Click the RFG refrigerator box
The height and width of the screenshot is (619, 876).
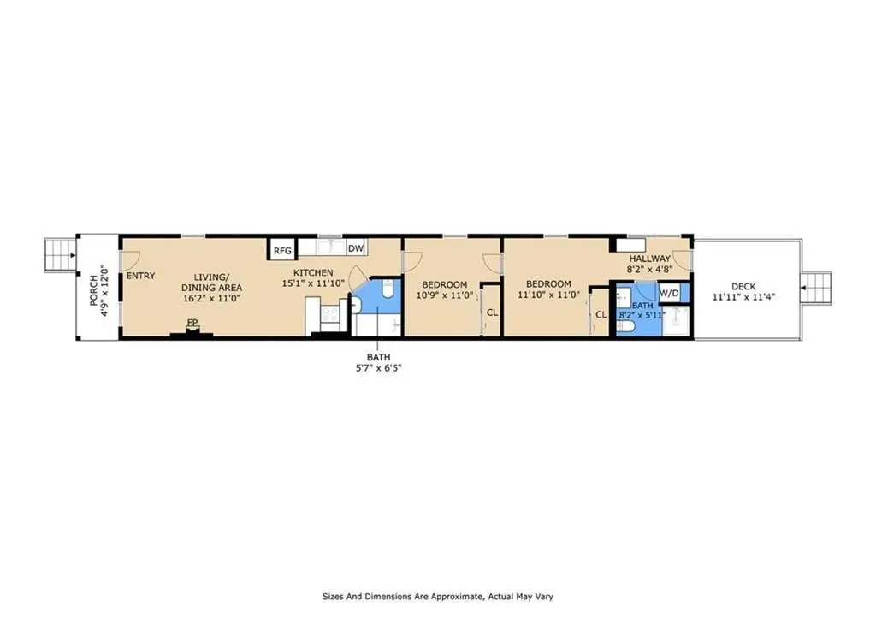282,250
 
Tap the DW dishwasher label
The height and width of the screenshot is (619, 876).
355,248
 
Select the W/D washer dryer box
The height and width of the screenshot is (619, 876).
669,293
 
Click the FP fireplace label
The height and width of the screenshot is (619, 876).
192,323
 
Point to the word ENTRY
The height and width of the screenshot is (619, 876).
141,276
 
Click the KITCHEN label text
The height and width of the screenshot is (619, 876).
313,272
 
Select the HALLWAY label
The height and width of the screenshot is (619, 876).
650,259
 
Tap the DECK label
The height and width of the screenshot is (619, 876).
743,286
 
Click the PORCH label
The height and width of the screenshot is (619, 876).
93,290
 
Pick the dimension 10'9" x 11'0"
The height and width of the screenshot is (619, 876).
445,295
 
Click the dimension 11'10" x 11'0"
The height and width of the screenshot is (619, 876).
548,295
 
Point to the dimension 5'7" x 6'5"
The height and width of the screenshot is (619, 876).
379,368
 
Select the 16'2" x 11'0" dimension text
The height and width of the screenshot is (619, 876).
212,298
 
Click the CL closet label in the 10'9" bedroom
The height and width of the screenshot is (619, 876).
492,312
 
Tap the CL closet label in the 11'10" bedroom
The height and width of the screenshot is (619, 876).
601,315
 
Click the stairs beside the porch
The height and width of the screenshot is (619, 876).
61,255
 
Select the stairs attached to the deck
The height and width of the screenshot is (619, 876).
816,288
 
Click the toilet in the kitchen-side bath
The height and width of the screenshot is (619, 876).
388,289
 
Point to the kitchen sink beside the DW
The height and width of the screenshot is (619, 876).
332,247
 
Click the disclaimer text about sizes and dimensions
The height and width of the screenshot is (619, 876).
438,597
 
